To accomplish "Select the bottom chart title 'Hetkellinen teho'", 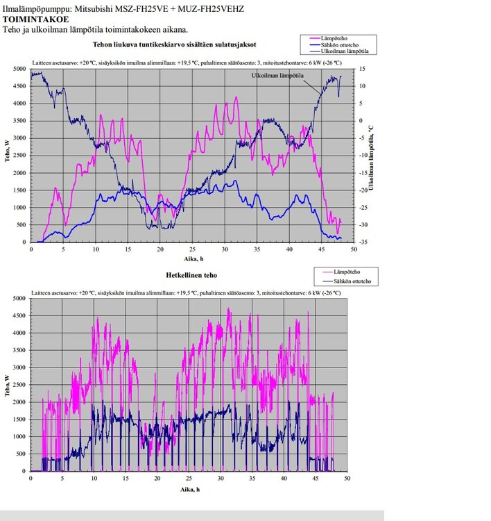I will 191,276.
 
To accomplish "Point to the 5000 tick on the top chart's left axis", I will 19,69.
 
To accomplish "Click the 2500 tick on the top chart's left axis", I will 19,156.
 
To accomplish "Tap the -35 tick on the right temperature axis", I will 364,242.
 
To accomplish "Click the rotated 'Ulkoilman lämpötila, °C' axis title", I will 372,156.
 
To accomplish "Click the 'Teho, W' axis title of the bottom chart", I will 6,384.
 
